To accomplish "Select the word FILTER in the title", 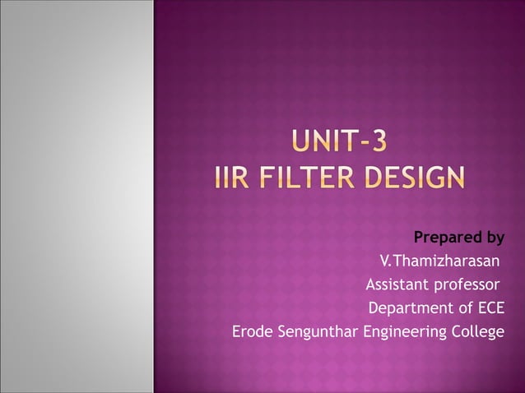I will pos(312,178).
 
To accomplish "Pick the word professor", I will pos(467,286).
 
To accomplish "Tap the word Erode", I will pos(252,332).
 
